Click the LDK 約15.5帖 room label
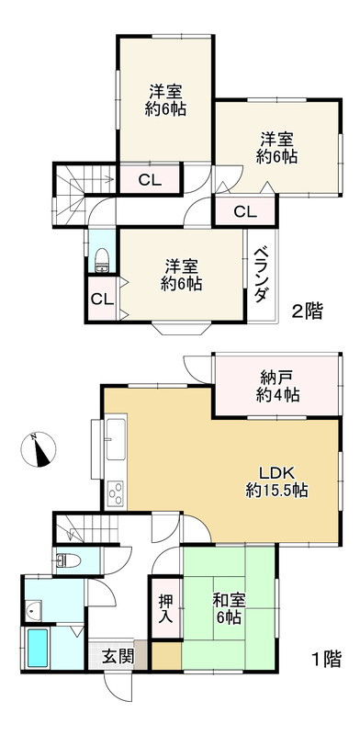276,481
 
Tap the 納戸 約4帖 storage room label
275,387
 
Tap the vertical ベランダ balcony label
262,275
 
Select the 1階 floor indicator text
324,659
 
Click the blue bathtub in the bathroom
39,650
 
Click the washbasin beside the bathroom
33,610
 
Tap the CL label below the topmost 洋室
150,179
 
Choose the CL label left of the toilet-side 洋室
101,300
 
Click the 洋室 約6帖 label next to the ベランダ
181,275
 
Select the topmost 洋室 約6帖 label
166,100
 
